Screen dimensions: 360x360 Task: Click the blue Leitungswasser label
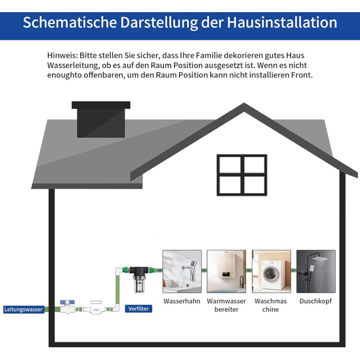(24, 309)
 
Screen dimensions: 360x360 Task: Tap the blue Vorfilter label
(139, 309)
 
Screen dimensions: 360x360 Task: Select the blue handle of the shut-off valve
(67, 302)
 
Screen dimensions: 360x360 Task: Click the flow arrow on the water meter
(96, 310)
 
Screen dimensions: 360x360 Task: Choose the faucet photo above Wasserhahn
(182, 271)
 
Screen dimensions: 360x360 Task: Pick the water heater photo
(226, 271)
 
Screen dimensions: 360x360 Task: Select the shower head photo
(316, 271)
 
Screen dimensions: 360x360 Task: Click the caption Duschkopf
(315, 301)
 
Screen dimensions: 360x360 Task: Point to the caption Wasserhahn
(182, 301)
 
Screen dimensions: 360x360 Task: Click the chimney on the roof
(101, 119)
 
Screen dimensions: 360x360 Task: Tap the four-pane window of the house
(242, 175)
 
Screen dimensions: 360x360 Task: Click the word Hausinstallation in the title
(282, 22)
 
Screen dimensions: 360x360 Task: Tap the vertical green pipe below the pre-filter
(117, 289)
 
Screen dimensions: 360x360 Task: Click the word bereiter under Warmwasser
(226, 309)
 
